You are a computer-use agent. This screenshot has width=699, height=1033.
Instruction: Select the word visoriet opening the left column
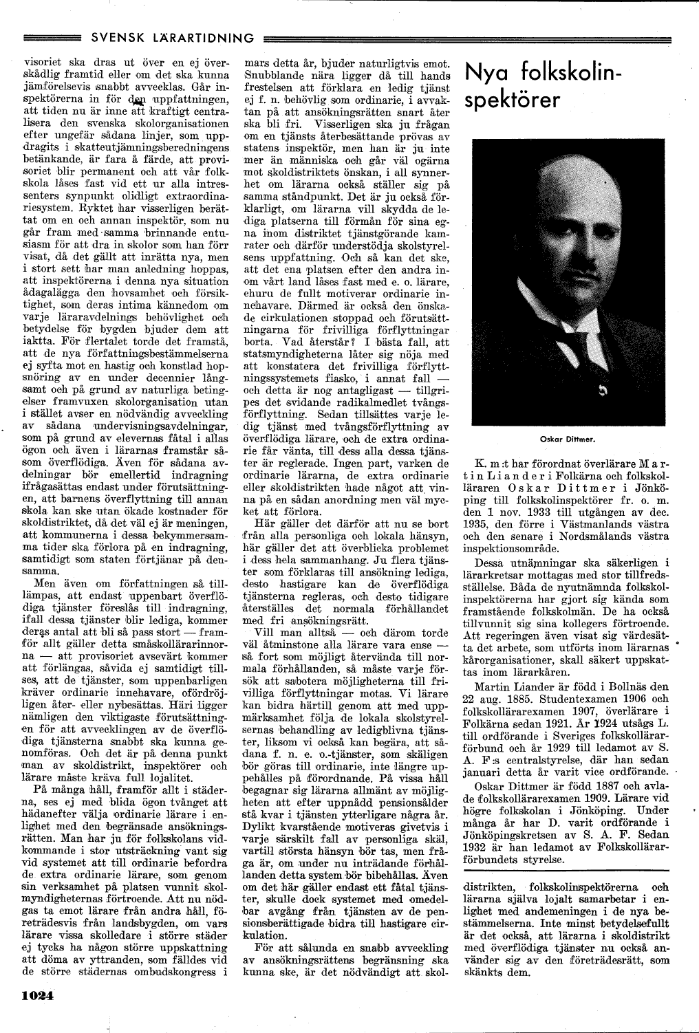36,62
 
